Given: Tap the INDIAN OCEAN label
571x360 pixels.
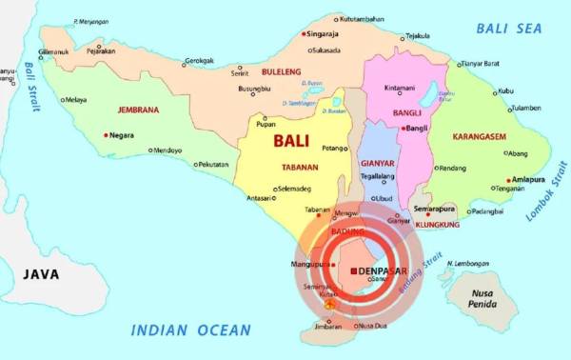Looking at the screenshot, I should click(x=191, y=330).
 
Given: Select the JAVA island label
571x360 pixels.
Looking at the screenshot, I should click(x=41, y=274).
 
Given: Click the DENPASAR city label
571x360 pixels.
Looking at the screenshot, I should click(x=389, y=271).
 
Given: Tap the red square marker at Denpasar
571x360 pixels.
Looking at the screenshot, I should click(x=354, y=271).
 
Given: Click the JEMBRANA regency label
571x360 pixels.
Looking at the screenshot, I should click(x=138, y=110).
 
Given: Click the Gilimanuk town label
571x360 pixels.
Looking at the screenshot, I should click(x=53, y=52).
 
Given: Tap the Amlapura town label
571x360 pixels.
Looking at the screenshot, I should click(x=527, y=178).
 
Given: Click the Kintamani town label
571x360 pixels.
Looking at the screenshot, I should click(x=399, y=89).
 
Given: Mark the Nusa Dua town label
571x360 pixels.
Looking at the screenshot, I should click(x=373, y=326).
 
